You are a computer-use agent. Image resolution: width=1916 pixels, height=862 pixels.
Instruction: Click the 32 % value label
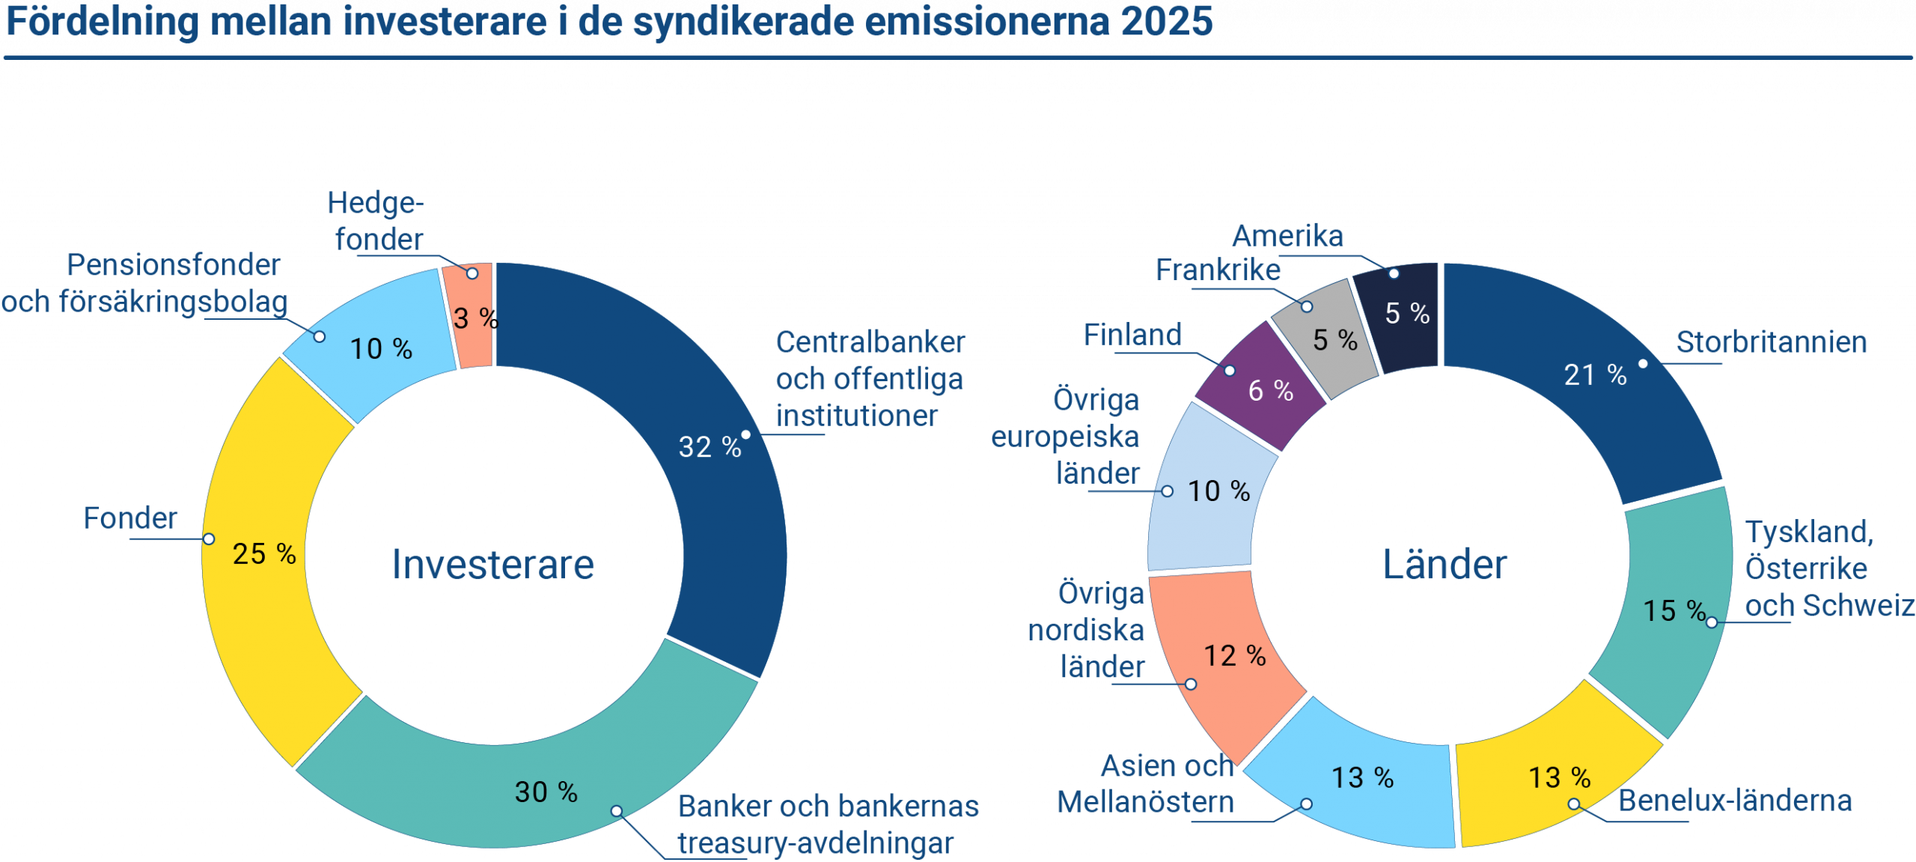(x=709, y=447)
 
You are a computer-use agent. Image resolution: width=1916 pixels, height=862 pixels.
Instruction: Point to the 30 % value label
(x=546, y=792)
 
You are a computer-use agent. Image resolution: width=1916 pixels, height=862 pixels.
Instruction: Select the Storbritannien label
(x=1771, y=342)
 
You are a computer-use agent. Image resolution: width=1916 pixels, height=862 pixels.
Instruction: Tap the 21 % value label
(x=1595, y=374)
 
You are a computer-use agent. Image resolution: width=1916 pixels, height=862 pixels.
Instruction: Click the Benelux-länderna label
(x=1735, y=801)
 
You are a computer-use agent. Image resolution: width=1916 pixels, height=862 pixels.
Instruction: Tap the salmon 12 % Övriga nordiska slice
(x=1227, y=659)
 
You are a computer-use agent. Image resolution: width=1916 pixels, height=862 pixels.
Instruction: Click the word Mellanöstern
(x=1145, y=802)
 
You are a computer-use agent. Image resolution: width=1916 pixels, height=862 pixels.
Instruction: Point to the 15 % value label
(x=1674, y=610)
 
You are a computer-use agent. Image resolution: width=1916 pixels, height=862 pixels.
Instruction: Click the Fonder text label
(x=129, y=518)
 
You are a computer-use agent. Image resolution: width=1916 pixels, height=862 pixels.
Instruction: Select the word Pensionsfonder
(x=173, y=265)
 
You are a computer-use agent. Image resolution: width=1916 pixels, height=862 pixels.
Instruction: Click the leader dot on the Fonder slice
(x=209, y=539)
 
